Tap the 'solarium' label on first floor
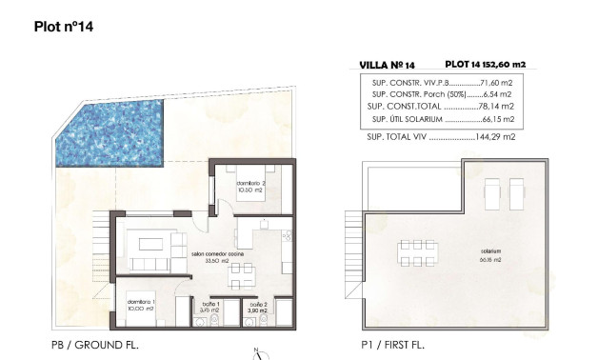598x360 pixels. pyautogui.click(x=491, y=252)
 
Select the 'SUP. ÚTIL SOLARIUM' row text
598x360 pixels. pyautogui.click(x=409, y=120)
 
